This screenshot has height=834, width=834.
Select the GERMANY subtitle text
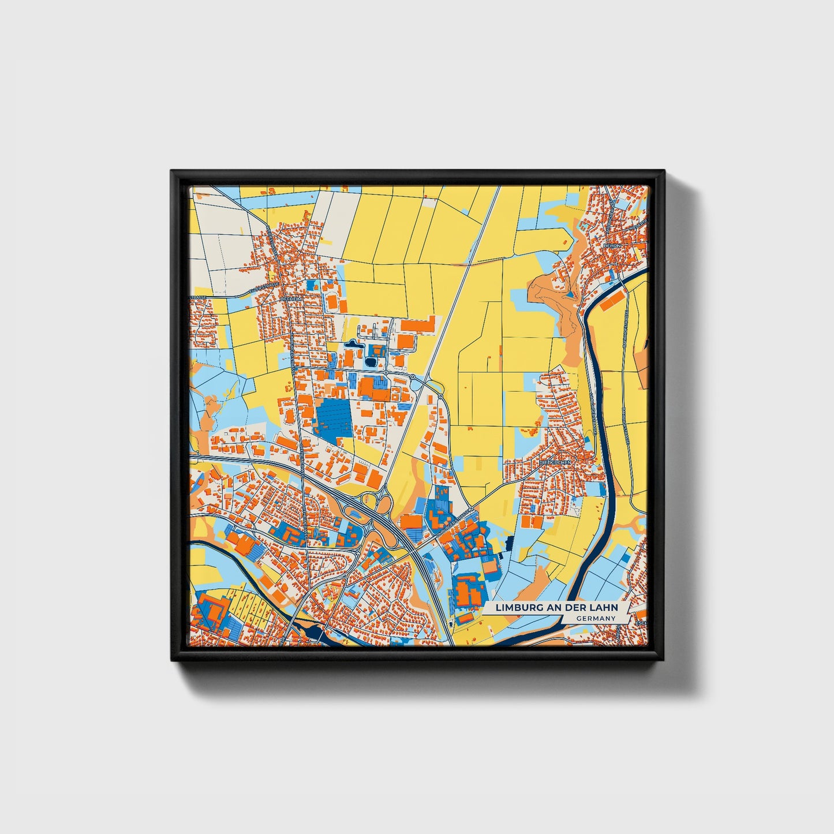(596, 618)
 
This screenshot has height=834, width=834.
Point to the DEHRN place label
(611, 245)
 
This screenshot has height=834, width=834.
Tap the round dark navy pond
(371, 362)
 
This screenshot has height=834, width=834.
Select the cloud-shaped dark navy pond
(350, 345)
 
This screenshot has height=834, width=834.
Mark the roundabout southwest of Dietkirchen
(472, 509)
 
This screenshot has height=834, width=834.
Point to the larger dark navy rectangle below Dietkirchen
(509, 543)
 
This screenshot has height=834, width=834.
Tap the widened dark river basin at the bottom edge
(315, 635)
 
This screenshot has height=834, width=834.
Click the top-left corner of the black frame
(173, 172)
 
